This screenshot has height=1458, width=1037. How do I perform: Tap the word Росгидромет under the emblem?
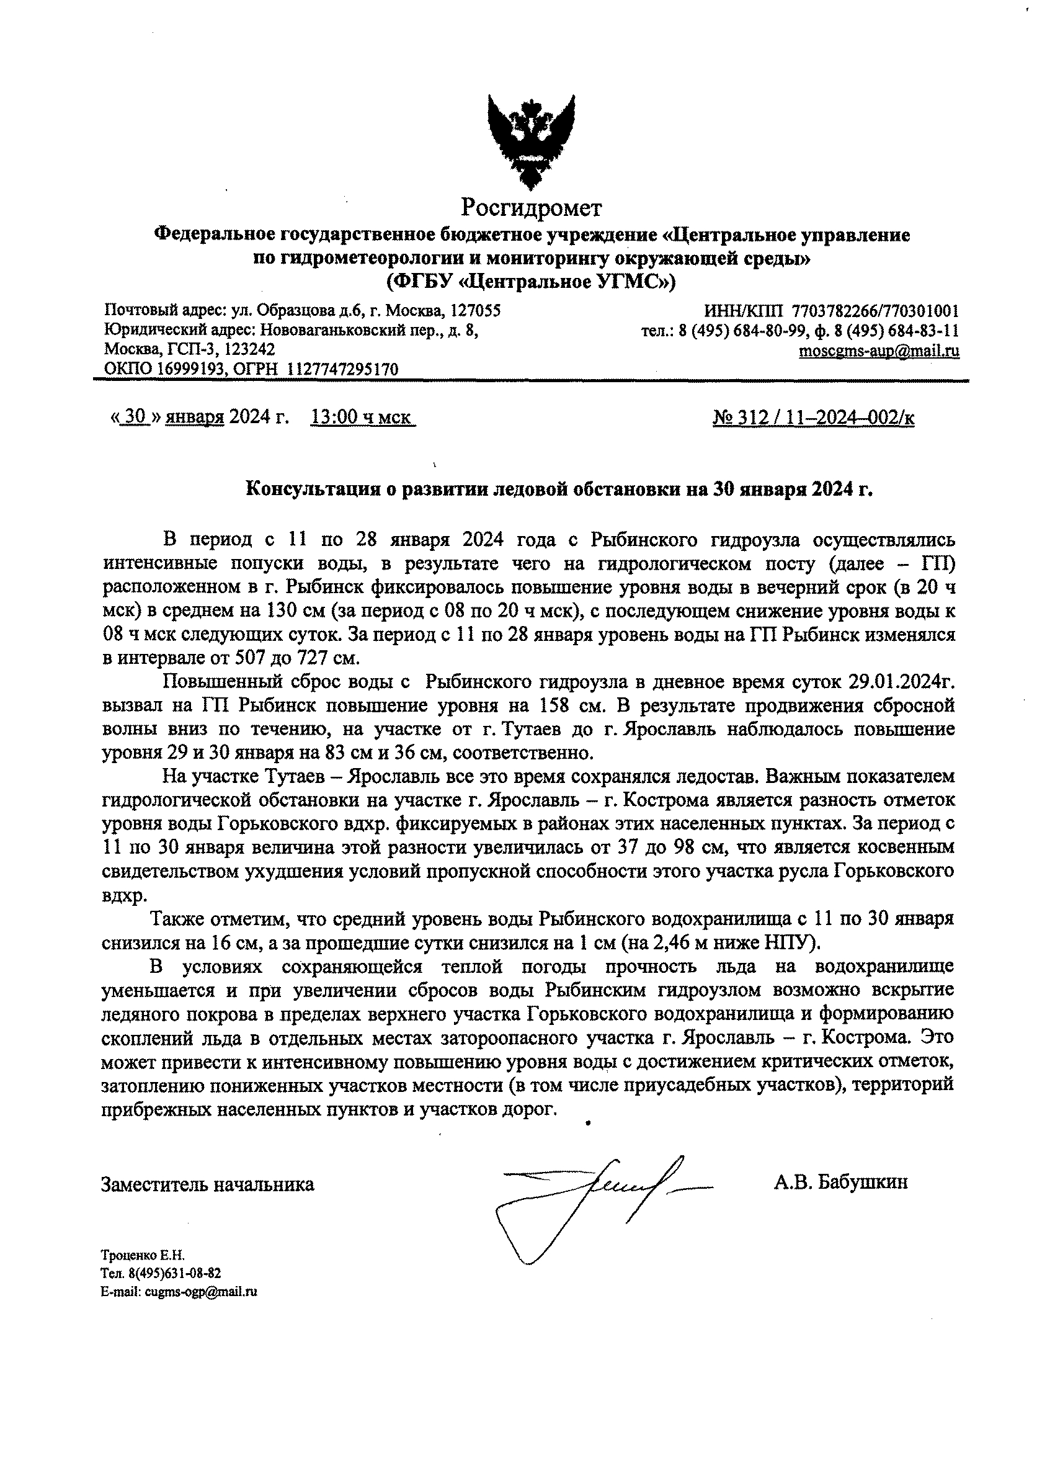(x=532, y=208)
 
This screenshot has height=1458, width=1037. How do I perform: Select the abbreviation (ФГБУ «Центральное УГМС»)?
(x=531, y=282)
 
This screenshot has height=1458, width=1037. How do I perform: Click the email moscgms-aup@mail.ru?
(x=879, y=351)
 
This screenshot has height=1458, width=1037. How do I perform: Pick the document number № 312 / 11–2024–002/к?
(x=813, y=418)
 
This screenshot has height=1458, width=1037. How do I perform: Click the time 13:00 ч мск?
(x=362, y=418)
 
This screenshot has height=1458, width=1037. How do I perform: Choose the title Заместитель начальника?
(x=208, y=1184)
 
